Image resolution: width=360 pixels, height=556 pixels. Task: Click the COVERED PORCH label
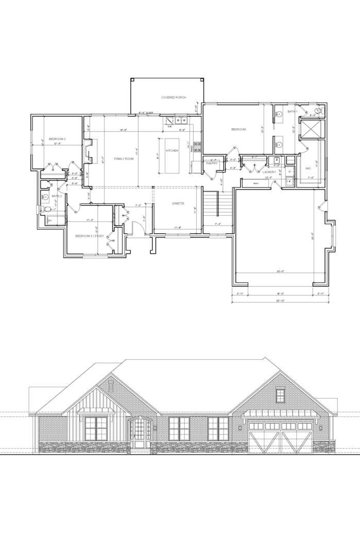(x=174, y=97)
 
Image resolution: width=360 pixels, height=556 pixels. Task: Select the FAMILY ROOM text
(x=124, y=159)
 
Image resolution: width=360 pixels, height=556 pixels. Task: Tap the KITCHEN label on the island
(x=172, y=150)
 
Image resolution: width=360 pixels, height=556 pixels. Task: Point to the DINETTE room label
(x=179, y=204)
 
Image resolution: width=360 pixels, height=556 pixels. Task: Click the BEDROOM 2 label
(x=57, y=139)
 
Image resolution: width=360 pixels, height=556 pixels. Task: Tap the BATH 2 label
(x=57, y=196)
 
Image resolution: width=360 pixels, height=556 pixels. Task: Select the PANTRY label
(x=212, y=164)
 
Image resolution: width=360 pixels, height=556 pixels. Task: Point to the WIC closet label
(x=307, y=168)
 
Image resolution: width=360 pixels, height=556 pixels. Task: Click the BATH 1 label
(x=292, y=112)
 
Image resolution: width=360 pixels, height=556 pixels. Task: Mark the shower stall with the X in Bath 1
(x=311, y=129)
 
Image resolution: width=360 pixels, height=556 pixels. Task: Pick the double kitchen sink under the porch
(x=181, y=121)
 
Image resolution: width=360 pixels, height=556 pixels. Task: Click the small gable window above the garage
(x=280, y=395)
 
